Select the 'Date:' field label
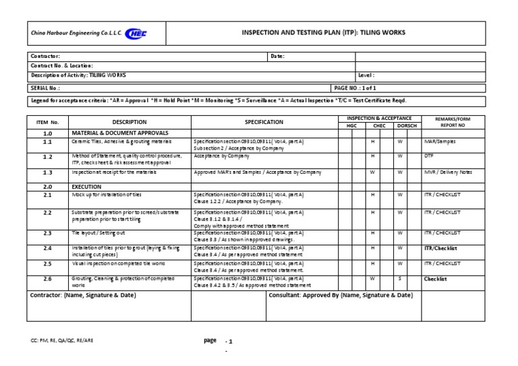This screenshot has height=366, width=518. coord(277,57)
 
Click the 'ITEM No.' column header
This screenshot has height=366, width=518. coord(47,122)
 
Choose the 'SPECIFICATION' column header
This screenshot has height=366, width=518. coord(264,122)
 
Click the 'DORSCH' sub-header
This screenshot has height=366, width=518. coord(407,126)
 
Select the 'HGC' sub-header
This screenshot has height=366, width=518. coord(351,126)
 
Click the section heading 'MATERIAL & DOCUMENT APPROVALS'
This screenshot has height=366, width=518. coord(120,133)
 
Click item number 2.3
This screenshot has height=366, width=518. coord(47,233)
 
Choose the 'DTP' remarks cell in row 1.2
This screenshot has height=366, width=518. coord(428,156)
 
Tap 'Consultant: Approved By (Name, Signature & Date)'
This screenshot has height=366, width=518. coord(341,295)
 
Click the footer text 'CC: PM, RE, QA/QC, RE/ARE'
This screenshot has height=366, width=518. coord(62,341)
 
